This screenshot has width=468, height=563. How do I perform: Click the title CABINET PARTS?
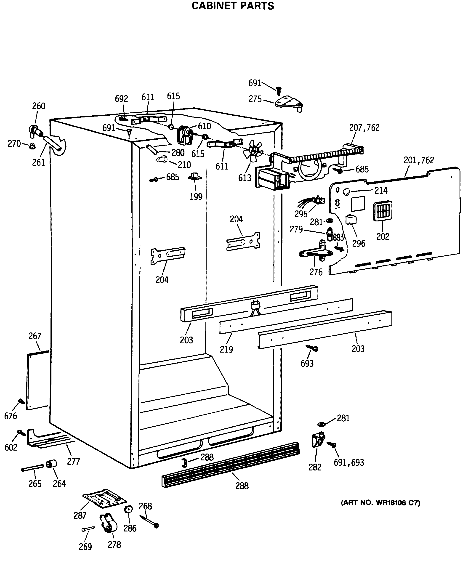tap(233, 6)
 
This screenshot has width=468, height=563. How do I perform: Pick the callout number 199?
tap(196, 197)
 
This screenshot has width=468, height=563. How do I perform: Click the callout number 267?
tap(35, 336)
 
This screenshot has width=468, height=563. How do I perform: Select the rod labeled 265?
tap(32, 468)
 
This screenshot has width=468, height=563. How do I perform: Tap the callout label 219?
tap(226, 349)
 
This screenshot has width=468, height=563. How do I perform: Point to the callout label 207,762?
tap(364, 128)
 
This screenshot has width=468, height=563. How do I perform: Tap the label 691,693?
tap(349, 462)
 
